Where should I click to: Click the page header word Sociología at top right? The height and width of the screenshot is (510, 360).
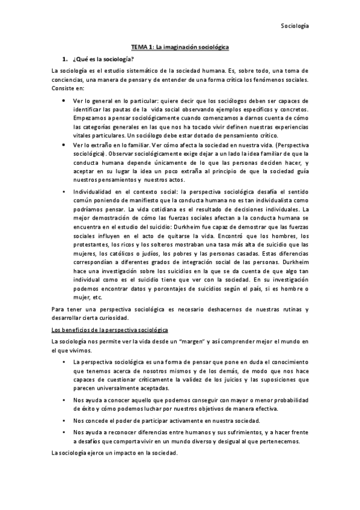click(294, 26)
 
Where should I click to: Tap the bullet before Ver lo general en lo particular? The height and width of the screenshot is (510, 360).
click(63, 100)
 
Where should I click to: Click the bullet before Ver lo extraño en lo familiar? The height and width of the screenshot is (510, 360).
click(63, 146)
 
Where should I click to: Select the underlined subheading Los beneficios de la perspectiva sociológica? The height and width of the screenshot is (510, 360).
click(110, 330)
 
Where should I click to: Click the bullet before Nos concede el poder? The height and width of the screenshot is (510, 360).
click(63, 422)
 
